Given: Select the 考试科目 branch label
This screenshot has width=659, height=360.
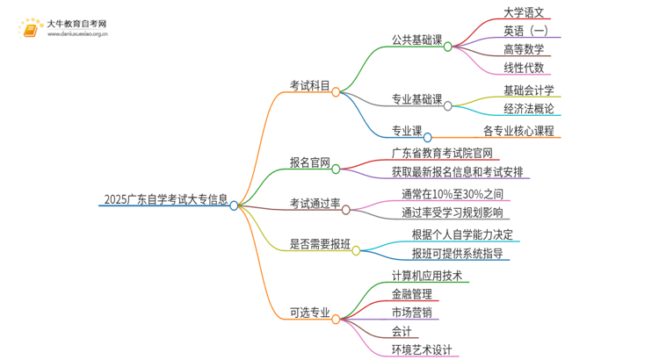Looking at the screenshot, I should [309, 86].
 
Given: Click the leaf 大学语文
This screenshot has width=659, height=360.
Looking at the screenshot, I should [525, 13].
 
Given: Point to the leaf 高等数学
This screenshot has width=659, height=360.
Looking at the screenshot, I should [525, 49].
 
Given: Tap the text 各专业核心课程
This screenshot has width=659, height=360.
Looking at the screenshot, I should [518, 132].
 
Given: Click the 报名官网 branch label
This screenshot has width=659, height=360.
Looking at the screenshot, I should [309, 163].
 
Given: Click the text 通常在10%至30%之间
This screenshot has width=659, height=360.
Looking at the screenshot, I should [453, 193].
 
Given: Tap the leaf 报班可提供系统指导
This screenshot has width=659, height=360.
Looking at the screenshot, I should [457, 254].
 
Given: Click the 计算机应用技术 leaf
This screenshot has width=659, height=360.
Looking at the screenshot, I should [431, 276].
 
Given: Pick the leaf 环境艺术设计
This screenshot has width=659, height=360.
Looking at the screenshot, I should [422, 349].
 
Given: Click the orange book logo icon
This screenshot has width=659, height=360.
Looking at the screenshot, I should [30, 30].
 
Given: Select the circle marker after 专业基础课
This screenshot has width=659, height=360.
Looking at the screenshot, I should [448, 105].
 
